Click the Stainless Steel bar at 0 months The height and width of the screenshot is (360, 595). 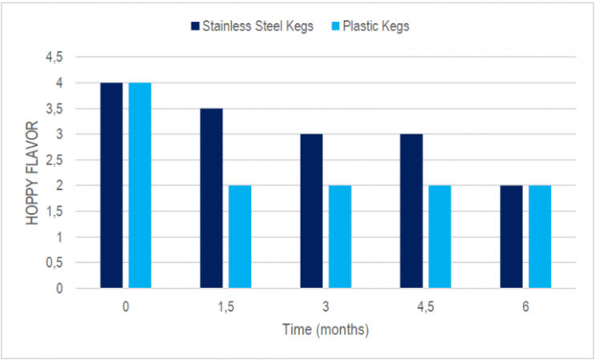pyautogui.click(x=111, y=185)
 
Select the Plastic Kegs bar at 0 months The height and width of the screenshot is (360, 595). pyautogui.click(x=140, y=185)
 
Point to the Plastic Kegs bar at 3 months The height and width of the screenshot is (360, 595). pyautogui.click(x=339, y=237)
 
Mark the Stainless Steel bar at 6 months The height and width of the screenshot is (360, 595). pyautogui.click(x=511, y=237)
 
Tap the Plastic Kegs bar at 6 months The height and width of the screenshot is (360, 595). pyautogui.click(x=540, y=237)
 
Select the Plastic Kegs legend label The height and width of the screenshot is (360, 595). pyautogui.click(x=376, y=26)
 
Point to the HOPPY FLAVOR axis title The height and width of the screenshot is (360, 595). pyautogui.click(x=32, y=172)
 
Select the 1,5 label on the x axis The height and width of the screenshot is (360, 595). pyautogui.click(x=225, y=308)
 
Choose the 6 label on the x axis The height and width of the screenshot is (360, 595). pyautogui.click(x=525, y=308)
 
